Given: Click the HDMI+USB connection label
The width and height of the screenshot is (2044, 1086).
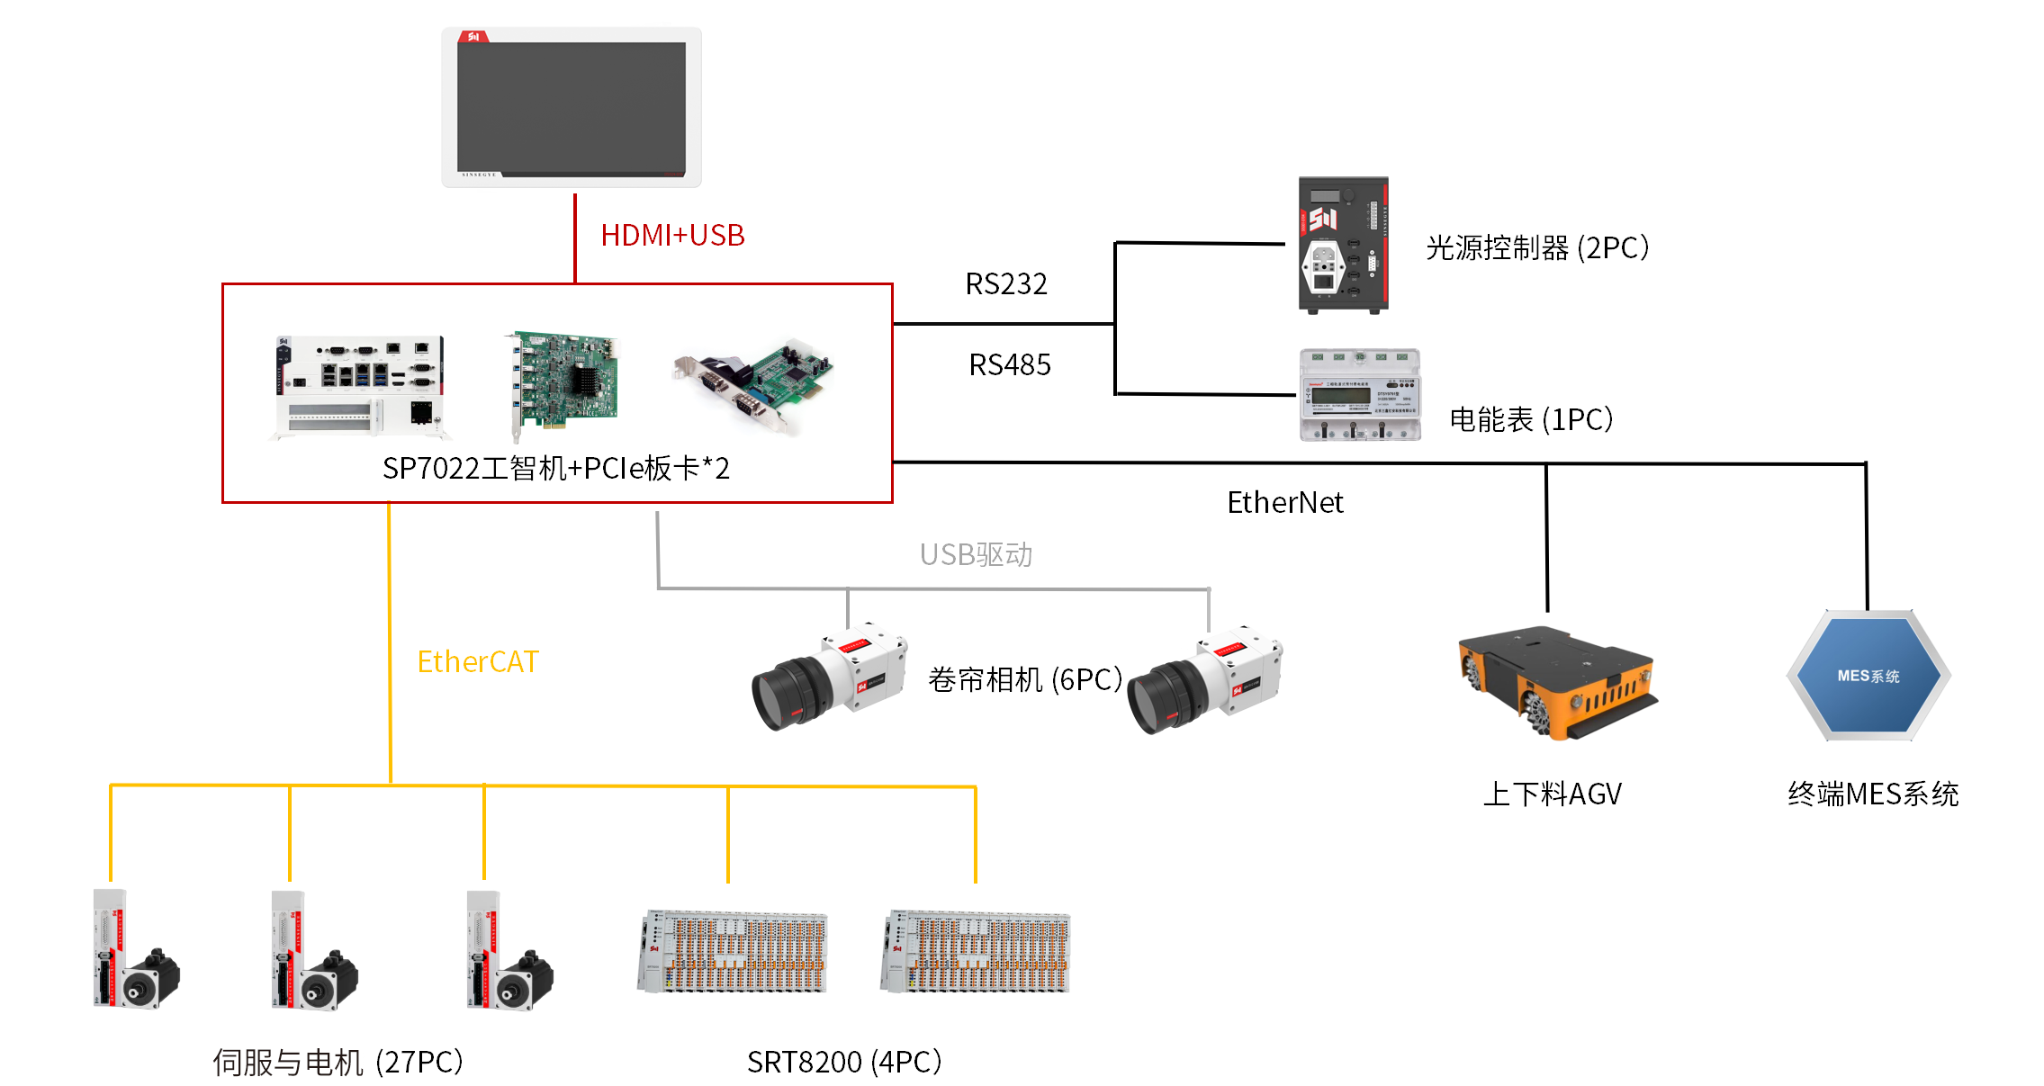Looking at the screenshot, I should [672, 236].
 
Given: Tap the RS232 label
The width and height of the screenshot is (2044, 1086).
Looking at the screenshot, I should [1006, 284].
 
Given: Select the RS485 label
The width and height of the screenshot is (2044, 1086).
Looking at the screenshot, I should [1010, 365].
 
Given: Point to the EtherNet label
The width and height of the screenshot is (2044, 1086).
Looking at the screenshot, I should [1284, 503].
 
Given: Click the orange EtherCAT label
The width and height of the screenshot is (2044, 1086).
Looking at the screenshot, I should [477, 662].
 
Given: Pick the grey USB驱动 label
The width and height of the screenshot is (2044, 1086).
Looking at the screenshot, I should [976, 555].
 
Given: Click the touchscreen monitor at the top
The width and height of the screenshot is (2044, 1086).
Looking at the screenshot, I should [572, 107].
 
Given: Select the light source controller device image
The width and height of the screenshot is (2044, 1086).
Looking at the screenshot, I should [1343, 245].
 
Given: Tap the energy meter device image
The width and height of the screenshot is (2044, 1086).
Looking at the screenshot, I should [1360, 395].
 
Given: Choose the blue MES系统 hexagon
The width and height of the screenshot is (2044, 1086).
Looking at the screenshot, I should [1868, 676].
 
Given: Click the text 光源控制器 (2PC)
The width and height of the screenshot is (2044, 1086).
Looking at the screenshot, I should [1537, 248].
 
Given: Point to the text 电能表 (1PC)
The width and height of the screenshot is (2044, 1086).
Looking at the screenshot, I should [1531, 420].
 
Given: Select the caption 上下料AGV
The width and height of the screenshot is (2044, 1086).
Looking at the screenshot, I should [1553, 794].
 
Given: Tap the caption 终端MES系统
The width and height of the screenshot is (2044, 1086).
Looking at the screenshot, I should [1873, 794].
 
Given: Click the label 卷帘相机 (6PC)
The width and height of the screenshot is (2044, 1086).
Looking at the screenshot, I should [1025, 680].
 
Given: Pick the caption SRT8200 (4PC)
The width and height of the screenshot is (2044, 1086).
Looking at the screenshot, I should [844, 1063].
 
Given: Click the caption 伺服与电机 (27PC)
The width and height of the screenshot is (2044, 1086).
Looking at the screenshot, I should [338, 1063].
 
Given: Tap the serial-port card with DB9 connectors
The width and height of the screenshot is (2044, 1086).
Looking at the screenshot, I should [754, 382].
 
